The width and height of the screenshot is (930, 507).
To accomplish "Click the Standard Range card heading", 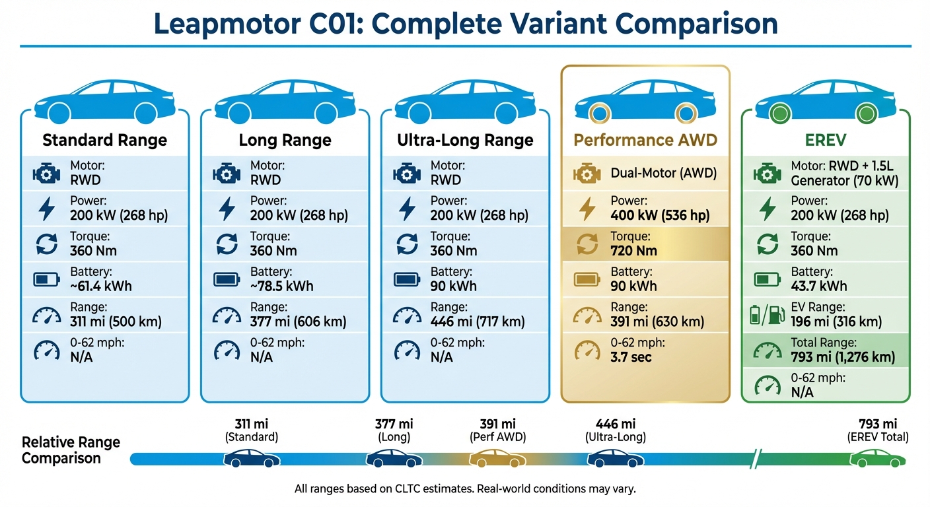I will click(x=104, y=140).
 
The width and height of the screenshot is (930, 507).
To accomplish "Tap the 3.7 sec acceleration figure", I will click(x=631, y=357).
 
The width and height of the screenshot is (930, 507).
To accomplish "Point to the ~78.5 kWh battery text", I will click(x=282, y=286).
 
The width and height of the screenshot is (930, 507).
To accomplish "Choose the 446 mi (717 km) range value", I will click(x=478, y=321).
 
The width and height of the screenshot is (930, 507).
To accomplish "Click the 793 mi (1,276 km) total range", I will click(x=843, y=357).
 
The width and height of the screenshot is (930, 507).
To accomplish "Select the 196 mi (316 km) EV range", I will click(x=836, y=321).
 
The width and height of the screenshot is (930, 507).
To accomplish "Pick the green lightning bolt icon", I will click(x=767, y=209).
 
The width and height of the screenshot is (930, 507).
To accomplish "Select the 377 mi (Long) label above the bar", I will click(x=394, y=430).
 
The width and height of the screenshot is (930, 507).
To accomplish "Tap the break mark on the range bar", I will click(x=759, y=457).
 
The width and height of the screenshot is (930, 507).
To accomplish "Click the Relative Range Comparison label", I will click(x=71, y=450).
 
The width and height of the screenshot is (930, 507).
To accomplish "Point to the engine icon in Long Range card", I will click(x=227, y=174).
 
